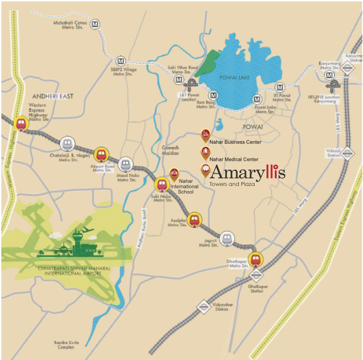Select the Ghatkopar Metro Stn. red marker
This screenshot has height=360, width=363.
pyautogui.click(x=255, y=258)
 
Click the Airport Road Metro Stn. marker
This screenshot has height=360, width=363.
pyautogui.click(x=101, y=154)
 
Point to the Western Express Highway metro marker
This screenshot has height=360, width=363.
pyautogui.click(x=21, y=123)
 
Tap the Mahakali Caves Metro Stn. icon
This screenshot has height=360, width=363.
pyautogui.click(x=95, y=24)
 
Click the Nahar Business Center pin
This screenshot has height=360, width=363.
pyautogui.click(x=205, y=134)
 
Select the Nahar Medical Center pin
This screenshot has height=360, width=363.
pyautogui.click(x=205, y=152)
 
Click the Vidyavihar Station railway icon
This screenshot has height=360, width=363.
pyautogui.click(x=203, y=307)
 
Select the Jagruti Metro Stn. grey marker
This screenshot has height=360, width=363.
pyautogui.click(x=228, y=238)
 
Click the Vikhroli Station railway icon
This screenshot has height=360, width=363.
pyautogui.click(x=346, y=152)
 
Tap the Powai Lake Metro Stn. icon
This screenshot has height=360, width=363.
pyautogui.click(x=257, y=99)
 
